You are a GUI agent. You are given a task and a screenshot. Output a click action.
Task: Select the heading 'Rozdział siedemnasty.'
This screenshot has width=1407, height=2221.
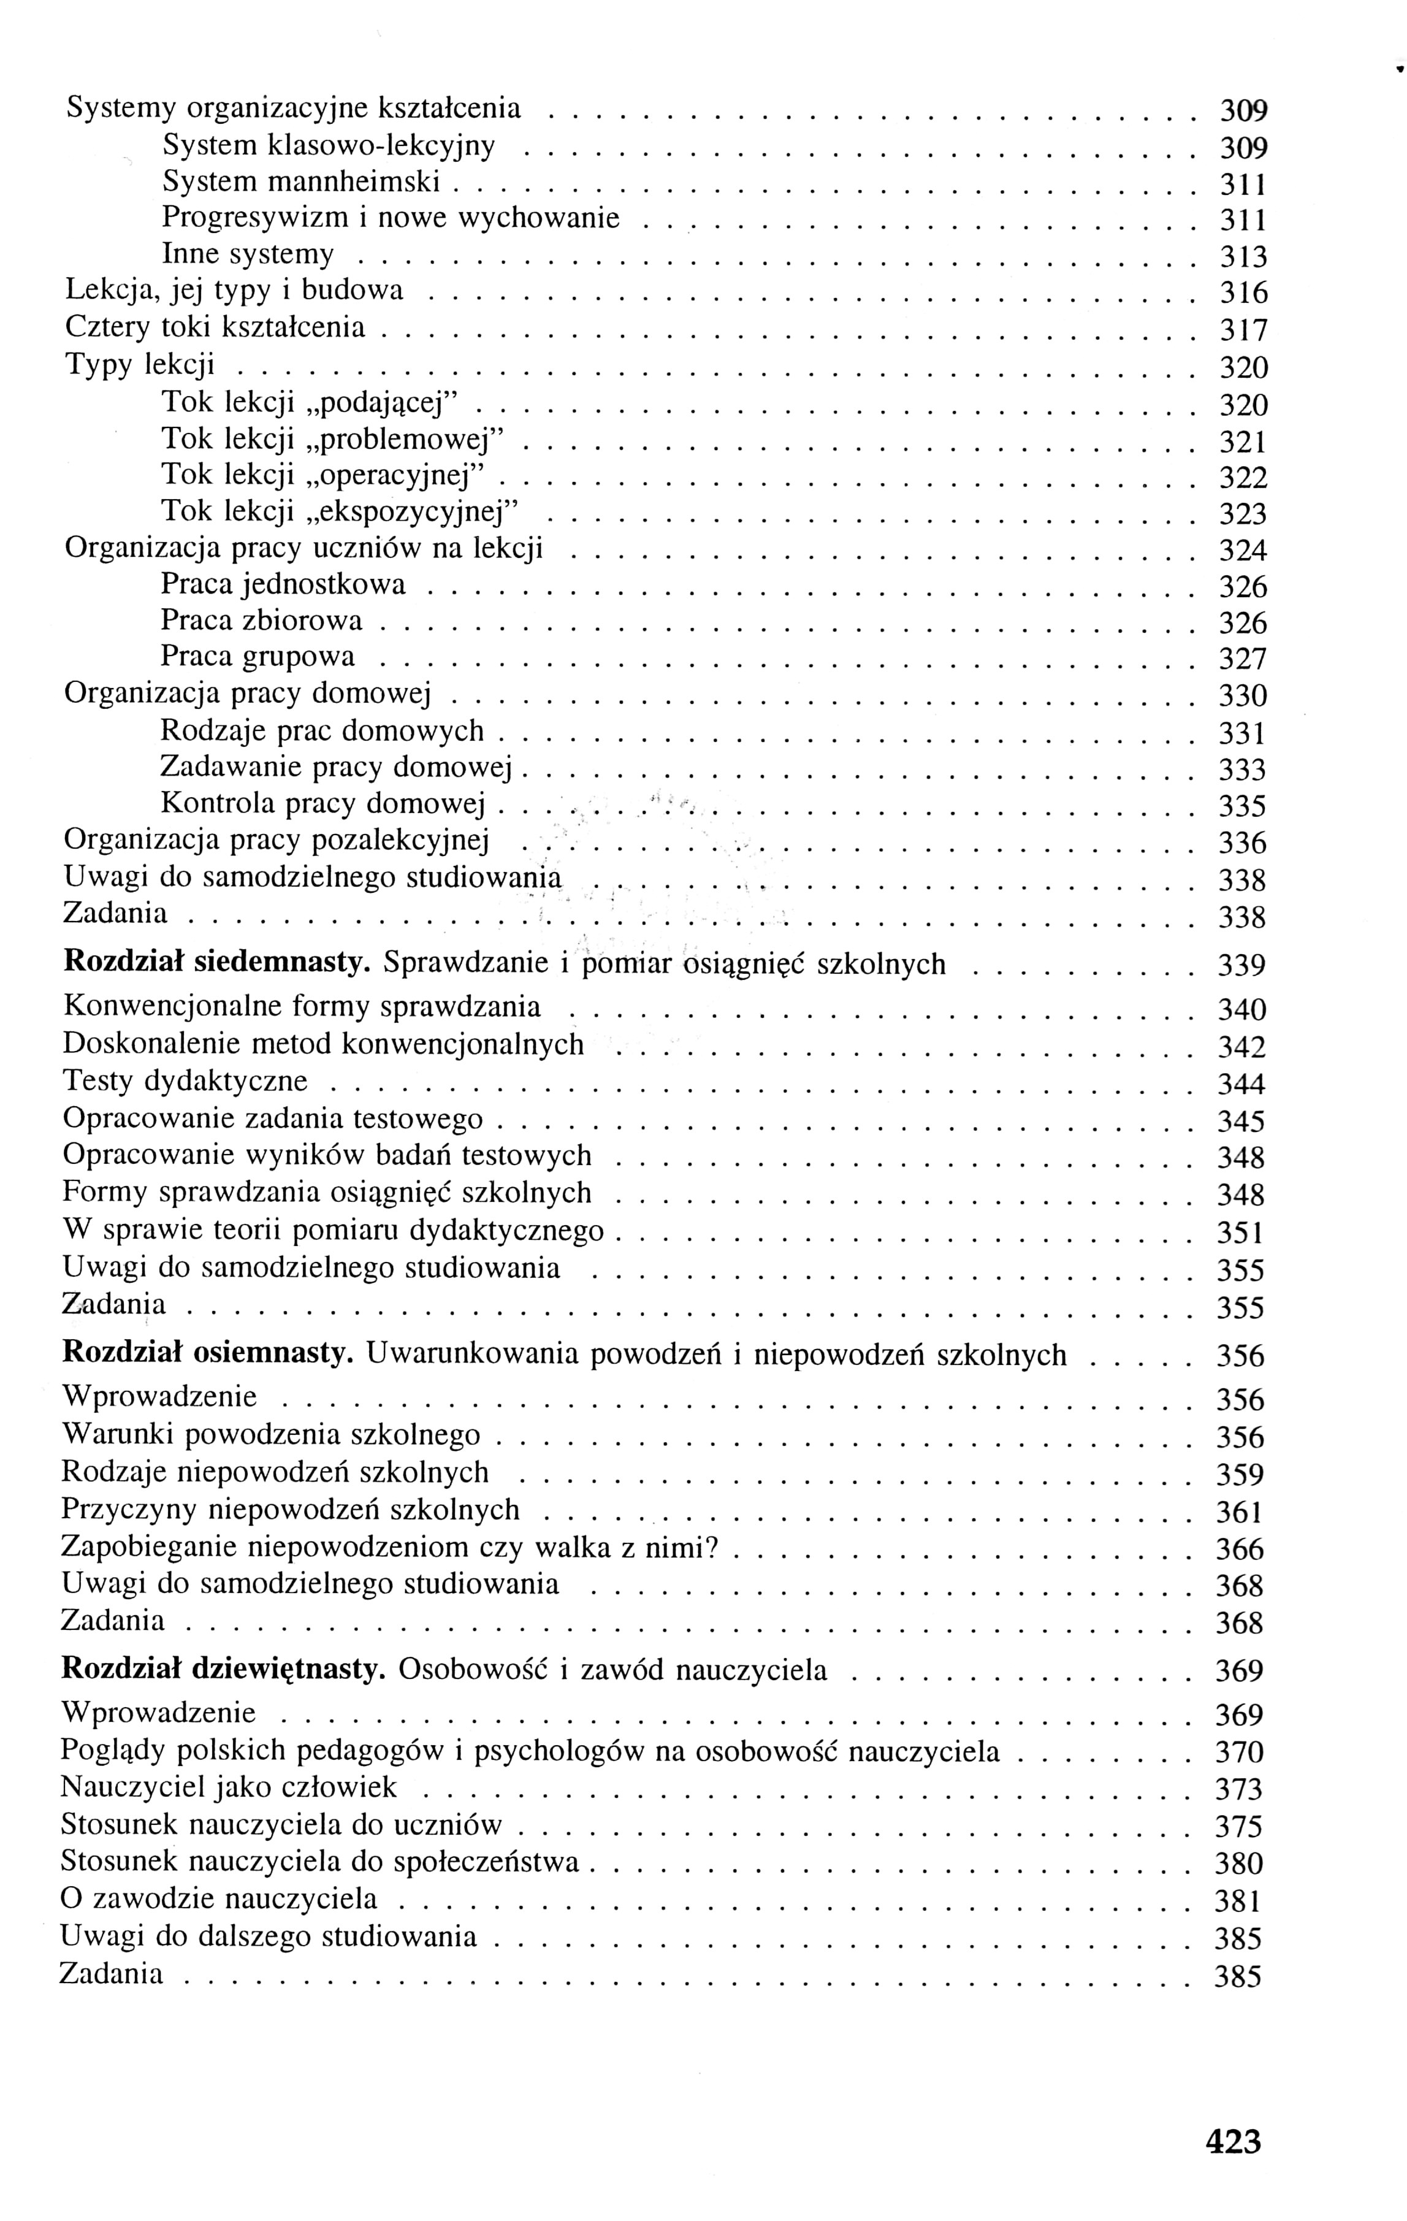tap(216, 963)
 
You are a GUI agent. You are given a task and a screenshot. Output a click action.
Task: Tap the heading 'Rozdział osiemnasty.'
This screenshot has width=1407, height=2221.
tap(207, 1353)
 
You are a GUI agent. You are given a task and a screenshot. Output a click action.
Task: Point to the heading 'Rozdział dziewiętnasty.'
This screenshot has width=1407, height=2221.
tap(222, 1670)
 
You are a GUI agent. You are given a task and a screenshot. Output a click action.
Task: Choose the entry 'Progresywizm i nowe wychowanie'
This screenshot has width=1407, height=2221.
tap(390, 218)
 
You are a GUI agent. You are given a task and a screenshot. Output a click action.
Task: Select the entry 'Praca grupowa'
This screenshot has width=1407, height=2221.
tap(257, 657)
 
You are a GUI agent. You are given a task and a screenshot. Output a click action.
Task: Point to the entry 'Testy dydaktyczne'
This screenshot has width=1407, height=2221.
tap(185, 1081)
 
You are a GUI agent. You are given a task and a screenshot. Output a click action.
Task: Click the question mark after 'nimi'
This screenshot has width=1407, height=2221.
tap(711, 1546)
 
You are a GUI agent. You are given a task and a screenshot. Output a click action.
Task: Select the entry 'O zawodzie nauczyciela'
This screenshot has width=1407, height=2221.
tap(218, 1898)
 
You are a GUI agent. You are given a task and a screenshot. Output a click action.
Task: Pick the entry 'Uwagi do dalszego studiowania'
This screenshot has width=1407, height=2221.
tap(269, 1935)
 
